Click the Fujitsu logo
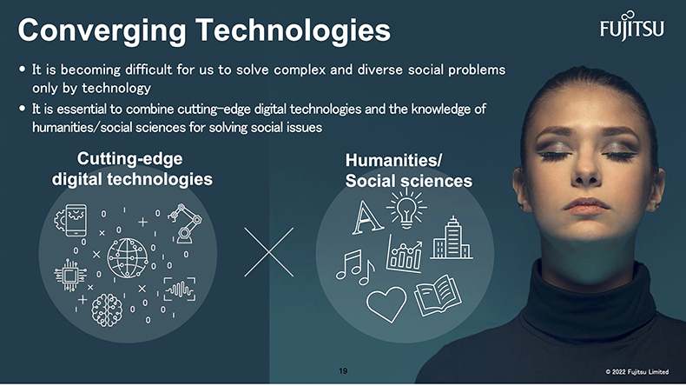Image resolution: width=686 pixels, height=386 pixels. pos(632,26)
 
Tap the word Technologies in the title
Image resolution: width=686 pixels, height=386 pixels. pos(294,30)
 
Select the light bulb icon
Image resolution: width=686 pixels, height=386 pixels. pos(406,209)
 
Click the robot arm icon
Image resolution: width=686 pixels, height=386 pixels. pos(185,223)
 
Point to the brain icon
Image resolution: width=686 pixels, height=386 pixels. pos(107,310)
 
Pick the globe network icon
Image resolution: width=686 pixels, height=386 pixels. pos(128,258)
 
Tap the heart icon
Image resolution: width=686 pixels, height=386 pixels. pos(386,303)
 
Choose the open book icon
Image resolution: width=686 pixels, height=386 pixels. pos(438,296)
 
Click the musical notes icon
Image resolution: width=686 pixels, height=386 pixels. pos(355,267)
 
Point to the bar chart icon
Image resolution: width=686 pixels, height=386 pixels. pos(405,253)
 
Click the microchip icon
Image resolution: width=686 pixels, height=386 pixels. pos(70,276)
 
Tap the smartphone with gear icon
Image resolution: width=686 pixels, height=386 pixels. pos(71,220)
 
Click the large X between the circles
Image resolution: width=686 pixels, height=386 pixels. pos(268,252)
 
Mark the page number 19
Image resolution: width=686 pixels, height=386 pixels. pos(343,371)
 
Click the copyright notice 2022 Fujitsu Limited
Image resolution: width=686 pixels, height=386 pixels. pos(637,372)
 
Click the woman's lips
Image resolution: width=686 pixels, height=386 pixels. pos(586,205)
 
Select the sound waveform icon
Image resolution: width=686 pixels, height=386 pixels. pos(180,289)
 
